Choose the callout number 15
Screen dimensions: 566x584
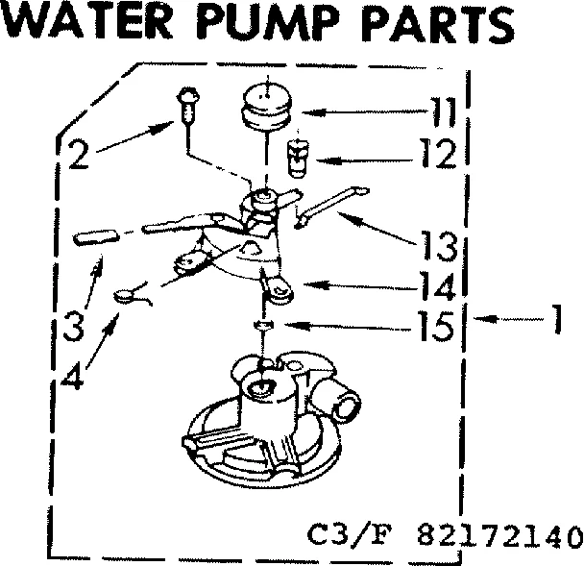click(x=437, y=327)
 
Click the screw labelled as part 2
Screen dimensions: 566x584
click(x=186, y=105)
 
